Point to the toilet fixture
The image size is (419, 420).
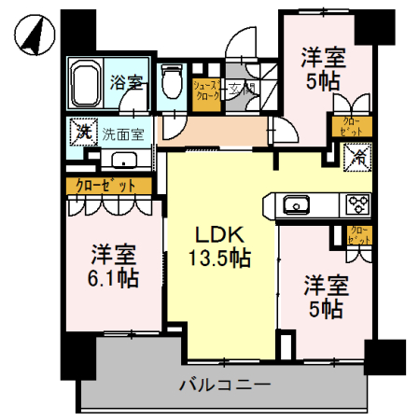pos(172,83)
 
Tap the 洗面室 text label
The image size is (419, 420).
pos(123,133)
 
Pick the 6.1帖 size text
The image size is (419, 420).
pos(114,277)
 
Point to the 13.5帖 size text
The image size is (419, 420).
pos(221,259)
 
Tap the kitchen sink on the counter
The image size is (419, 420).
pos(296,204)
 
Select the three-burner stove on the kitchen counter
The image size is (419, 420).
pos(356,203)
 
